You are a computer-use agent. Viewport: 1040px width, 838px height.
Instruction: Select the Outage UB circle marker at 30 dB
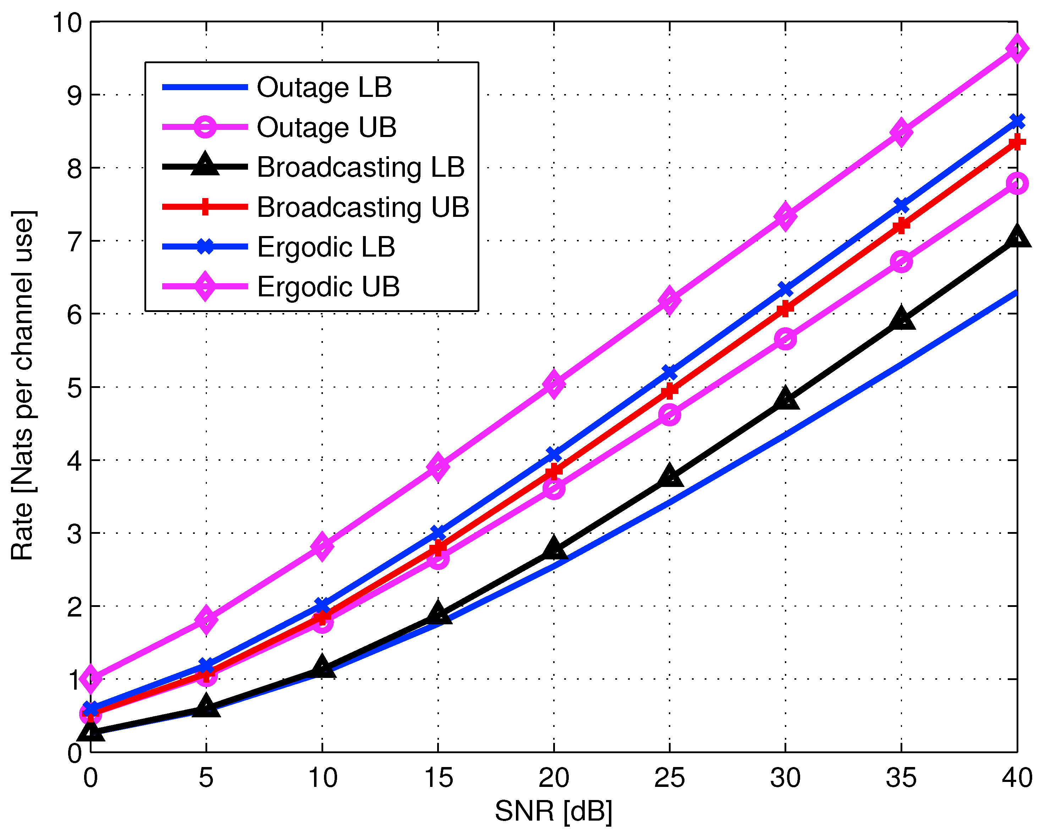click(x=785, y=339)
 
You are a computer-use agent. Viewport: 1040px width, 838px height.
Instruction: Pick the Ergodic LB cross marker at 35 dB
click(x=901, y=206)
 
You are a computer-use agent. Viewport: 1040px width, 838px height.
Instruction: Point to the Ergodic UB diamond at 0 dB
click(x=91, y=678)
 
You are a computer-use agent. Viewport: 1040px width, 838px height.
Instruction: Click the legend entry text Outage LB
click(x=324, y=87)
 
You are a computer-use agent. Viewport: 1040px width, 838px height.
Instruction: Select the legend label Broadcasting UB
click(x=363, y=207)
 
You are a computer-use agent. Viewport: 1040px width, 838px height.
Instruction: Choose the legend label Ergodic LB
click(x=326, y=247)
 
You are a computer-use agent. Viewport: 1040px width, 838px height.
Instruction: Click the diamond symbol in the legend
click(x=205, y=286)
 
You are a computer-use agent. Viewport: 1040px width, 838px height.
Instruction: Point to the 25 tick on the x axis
click(x=669, y=778)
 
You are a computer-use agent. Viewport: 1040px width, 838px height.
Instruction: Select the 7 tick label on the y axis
click(x=75, y=242)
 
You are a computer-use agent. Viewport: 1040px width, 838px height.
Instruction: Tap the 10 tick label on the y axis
click(x=67, y=23)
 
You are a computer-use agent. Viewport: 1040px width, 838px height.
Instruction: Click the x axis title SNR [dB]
click(x=554, y=811)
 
